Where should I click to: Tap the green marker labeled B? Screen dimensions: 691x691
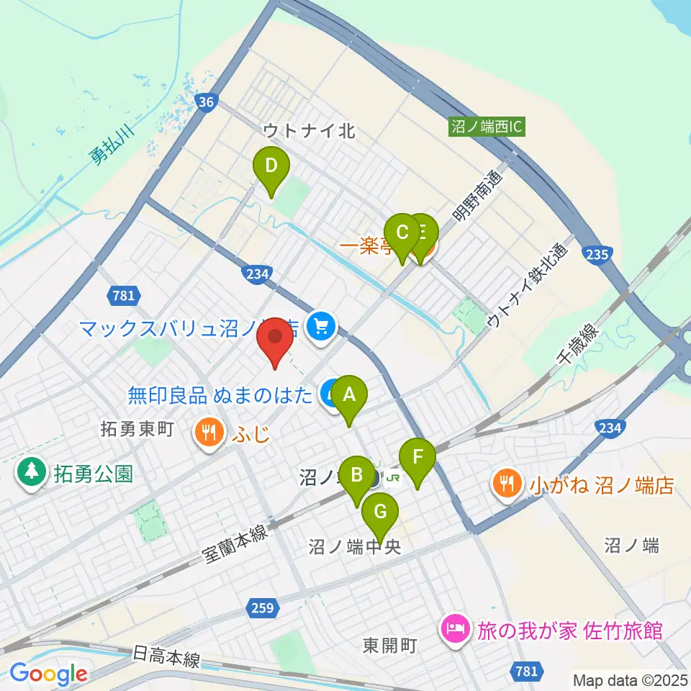coord(356,475)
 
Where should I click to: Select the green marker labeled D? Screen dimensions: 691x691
coord(271,166)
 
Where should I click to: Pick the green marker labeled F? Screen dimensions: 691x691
coord(417,456)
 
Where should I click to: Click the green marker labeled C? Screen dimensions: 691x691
coord(402,232)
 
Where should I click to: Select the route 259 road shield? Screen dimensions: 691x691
coord(263,608)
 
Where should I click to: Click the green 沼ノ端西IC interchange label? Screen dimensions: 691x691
coord(487,127)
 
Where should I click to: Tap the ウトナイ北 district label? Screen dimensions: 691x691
coord(310,130)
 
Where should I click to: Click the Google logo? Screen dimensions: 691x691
coord(48,673)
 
